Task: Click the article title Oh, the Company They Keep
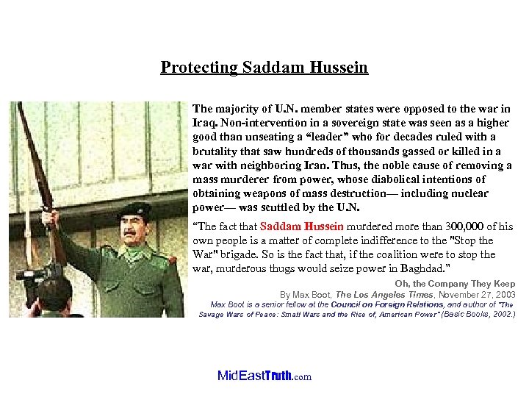[455, 284]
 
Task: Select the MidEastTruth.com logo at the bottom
[264, 376]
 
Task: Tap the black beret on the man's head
[135, 210]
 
